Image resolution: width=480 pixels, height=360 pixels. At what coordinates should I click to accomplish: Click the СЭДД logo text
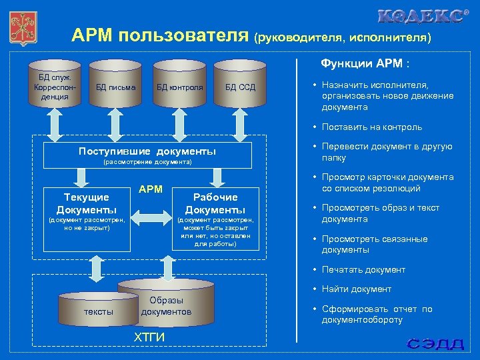[435, 344]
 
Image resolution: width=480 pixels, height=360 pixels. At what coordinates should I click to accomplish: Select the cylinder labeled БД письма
[115, 86]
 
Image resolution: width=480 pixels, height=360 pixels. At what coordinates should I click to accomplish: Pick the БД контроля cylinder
[179, 86]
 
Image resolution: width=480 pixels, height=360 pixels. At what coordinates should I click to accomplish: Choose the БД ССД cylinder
[240, 86]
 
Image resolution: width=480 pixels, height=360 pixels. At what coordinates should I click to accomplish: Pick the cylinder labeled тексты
[99, 311]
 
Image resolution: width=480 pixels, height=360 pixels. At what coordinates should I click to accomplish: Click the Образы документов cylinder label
[166, 306]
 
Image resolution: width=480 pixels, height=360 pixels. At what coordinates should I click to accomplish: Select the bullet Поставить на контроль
[372, 127]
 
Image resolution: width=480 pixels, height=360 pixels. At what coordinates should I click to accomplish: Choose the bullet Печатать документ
[363, 269]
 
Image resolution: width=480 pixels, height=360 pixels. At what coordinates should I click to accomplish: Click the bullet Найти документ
[357, 289]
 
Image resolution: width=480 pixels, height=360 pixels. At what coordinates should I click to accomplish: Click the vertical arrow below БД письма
[115, 123]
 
